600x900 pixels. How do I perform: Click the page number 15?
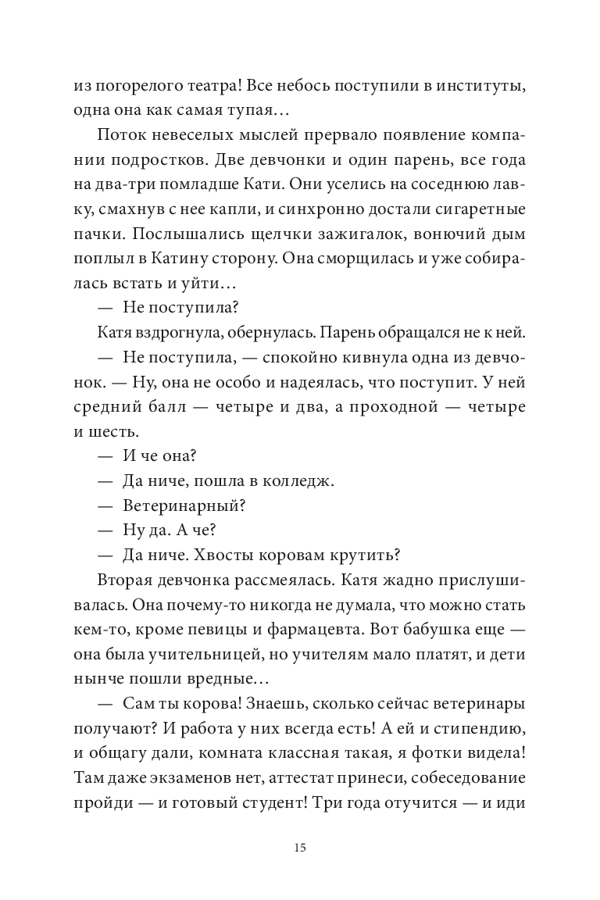point(300,849)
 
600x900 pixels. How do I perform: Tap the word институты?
point(480,87)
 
